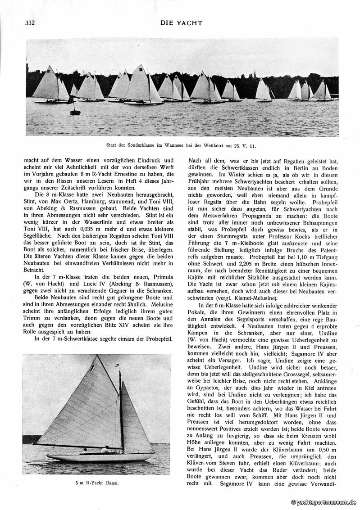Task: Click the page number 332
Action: (31, 23)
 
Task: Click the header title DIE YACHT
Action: (181, 23)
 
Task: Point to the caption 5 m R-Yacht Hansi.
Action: (96, 483)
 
